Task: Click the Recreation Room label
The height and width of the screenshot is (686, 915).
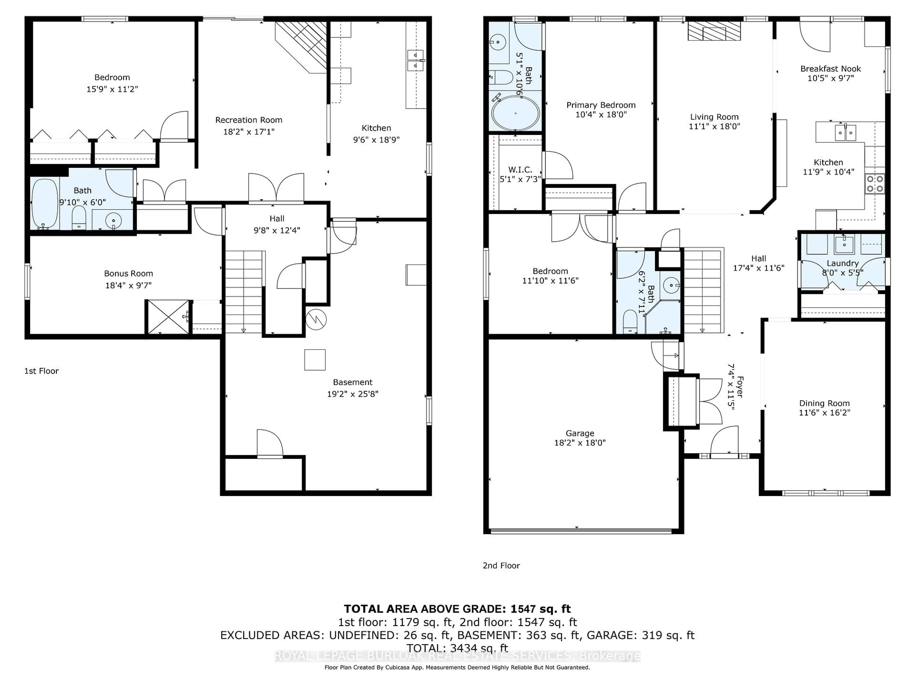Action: (x=249, y=120)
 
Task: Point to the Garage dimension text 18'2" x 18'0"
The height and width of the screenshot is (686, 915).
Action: (x=579, y=443)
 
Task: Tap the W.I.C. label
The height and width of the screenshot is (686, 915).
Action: (x=520, y=170)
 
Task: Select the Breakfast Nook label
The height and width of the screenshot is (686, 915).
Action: (x=830, y=69)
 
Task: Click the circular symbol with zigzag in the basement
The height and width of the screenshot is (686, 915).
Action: (x=316, y=319)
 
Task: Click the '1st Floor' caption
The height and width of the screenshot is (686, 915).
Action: (x=41, y=371)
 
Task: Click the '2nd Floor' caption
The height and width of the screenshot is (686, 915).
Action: (x=501, y=566)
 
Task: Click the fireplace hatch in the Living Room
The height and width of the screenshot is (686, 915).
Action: (x=714, y=31)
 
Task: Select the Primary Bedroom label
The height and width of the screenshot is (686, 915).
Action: (x=601, y=105)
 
